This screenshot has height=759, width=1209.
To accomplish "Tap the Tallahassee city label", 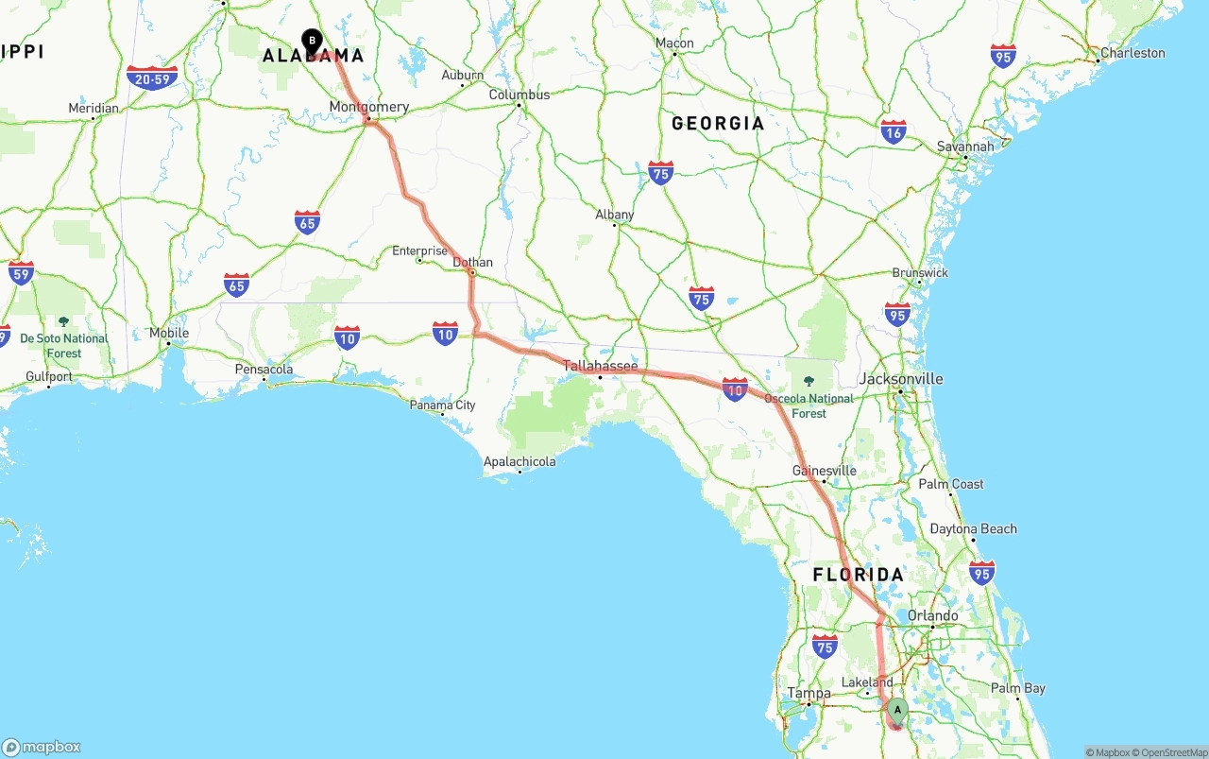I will pyautogui.click(x=600, y=366).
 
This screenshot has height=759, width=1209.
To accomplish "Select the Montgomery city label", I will pyautogui.click(x=368, y=107).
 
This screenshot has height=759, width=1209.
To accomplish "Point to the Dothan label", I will pyautogui.click(x=472, y=262).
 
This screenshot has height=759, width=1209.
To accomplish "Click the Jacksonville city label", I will pyautogui.click(x=901, y=379).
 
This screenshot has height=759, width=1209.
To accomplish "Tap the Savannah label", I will pyautogui.click(x=965, y=147).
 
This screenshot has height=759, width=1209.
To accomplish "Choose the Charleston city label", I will pyautogui.click(x=1132, y=53).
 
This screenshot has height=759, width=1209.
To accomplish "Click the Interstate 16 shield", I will pyautogui.click(x=893, y=131).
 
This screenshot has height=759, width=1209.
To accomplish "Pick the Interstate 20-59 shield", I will pyautogui.click(x=152, y=78).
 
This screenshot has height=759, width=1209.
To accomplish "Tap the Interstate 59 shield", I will pyautogui.click(x=21, y=273).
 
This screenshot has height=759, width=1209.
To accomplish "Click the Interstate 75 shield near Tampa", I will pyautogui.click(x=825, y=646).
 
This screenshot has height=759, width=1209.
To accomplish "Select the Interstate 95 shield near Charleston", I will pyautogui.click(x=1003, y=56).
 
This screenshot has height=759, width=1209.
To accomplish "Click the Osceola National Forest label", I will pyautogui.click(x=809, y=405).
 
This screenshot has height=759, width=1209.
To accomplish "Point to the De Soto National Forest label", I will pyautogui.click(x=64, y=345).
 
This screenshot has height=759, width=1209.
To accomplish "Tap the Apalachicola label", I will pyautogui.click(x=519, y=462).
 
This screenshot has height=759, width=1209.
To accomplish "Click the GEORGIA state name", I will pyautogui.click(x=718, y=124).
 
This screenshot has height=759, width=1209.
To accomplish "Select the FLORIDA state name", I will pyautogui.click(x=859, y=575).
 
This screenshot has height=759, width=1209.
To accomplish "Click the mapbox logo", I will pyautogui.click(x=42, y=747).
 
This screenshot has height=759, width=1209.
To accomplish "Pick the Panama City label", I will pyautogui.click(x=442, y=405).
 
